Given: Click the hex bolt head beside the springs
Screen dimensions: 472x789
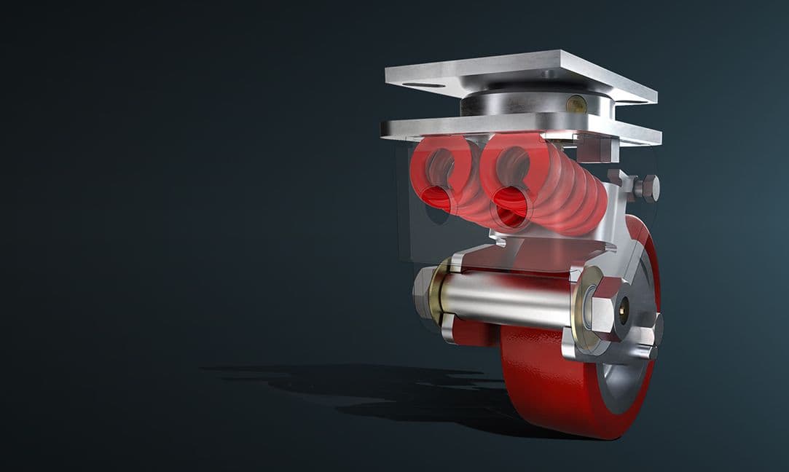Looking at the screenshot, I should pyautogui.click(x=646, y=188).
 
